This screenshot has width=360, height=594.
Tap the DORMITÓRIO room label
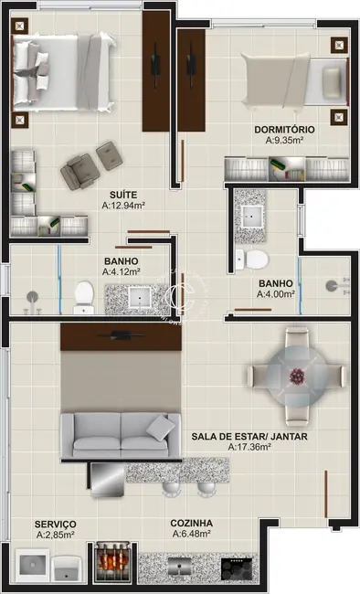point(285,130)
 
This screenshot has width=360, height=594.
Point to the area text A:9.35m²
point(285,142)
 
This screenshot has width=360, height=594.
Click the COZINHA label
point(192,524)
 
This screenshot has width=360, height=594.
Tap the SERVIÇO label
point(55,524)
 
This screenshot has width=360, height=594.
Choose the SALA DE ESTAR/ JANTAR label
point(249,437)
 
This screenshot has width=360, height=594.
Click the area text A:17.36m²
point(249,449)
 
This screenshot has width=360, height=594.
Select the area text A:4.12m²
point(120,271)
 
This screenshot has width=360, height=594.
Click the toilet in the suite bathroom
point(84,293)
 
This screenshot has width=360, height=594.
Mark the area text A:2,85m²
point(55,536)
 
